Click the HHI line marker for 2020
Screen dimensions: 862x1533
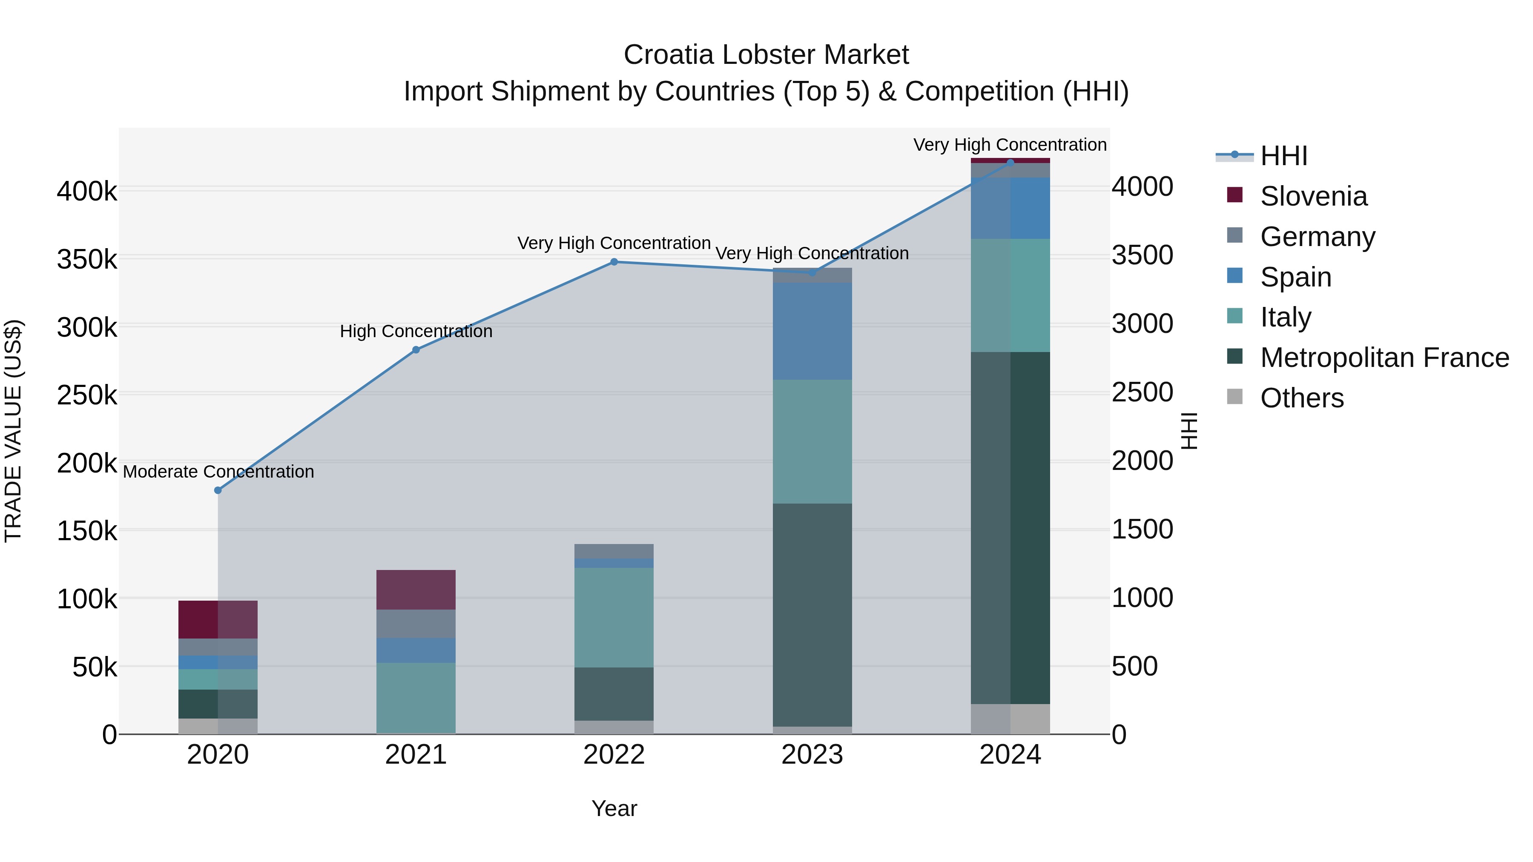tap(218, 490)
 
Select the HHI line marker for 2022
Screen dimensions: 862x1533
tap(614, 262)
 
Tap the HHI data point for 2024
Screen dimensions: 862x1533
tap(1010, 163)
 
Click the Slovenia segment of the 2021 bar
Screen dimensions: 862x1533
tap(416, 590)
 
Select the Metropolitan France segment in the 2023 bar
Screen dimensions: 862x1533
tap(812, 615)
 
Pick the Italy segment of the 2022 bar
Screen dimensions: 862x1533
tap(614, 618)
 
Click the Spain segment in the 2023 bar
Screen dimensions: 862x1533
tap(812, 331)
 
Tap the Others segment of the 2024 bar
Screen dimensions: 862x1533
tap(1010, 719)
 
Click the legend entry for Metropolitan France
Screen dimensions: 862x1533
tap(1384, 358)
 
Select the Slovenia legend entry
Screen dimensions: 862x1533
tap(1313, 196)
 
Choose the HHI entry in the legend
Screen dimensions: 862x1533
tap(1283, 156)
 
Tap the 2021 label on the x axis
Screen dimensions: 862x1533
tap(416, 755)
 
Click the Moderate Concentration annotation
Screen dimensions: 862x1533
tap(218, 472)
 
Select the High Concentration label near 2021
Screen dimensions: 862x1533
tap(416, 331)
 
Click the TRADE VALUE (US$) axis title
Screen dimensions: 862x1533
tap(13, 431)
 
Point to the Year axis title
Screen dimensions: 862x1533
tap(614, 808)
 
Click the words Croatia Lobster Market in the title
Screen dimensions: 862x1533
tap(766, 55)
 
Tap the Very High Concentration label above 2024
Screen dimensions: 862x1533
tap(1010, 145)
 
